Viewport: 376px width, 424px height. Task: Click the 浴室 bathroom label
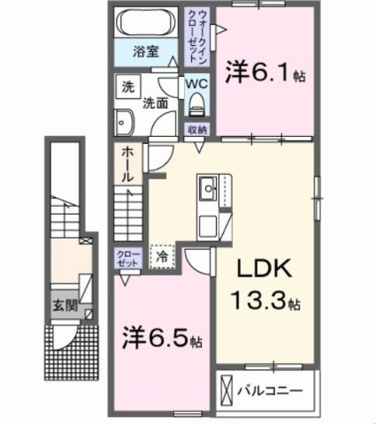point(147,50)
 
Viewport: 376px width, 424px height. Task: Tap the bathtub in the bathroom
point(147,22)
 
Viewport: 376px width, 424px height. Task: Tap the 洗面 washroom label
point(157,102)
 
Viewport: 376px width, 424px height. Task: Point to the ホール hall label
point(127,163)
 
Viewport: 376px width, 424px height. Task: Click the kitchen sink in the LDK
point(209,188)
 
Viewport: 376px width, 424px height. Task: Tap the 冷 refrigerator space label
point(163,257)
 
